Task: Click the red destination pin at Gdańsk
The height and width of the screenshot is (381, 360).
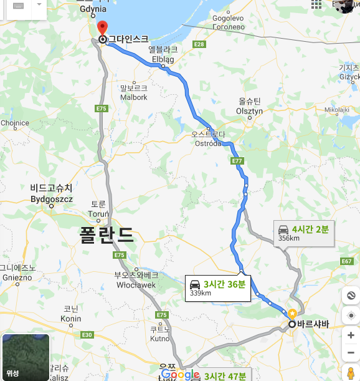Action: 103,27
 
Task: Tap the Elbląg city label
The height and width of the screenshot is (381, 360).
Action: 163,57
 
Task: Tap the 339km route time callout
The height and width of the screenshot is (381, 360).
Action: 217,287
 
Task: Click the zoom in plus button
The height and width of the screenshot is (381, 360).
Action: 351,335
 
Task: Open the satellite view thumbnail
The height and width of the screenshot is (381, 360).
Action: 26,357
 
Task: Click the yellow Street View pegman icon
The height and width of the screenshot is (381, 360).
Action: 351,373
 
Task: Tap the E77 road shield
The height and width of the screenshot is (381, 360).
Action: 237,161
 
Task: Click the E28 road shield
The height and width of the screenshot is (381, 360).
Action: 199,44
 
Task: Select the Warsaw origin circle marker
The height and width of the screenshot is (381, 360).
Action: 291,324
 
